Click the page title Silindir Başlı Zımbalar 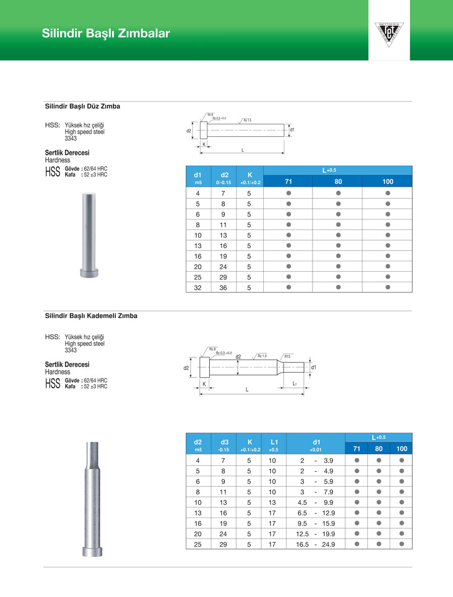[106, 34]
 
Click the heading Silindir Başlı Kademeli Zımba [91, 316]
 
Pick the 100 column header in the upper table [388, 182]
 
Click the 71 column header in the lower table [356, 449]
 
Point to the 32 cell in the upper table [198, 287]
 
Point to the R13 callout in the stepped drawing [287, 356]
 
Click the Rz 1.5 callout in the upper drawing [247, 120]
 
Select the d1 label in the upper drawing [292, 130]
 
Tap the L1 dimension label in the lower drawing [295, 384]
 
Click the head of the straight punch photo [88, 272]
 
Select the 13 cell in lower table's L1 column [272, 502]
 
